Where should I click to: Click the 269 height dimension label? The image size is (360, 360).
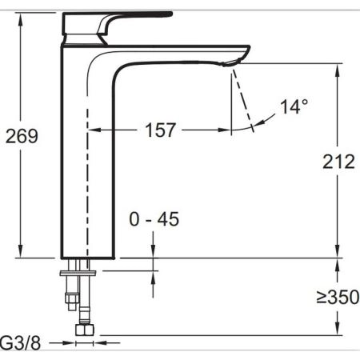[x=22, y=136]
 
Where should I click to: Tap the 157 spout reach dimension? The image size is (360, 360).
[x=160, y=130]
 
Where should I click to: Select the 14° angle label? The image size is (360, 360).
[x=294, y=106]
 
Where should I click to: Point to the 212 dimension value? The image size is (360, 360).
[x=338, y=162]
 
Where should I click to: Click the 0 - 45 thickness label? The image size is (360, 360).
[x=154, y=219]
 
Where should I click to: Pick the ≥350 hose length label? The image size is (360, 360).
[x=338, y=297]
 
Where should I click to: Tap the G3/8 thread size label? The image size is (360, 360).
[x=21, y=342]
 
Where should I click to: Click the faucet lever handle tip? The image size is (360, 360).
[x=170, y=14]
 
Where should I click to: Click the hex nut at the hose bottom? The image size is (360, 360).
[x=85, y=330]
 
